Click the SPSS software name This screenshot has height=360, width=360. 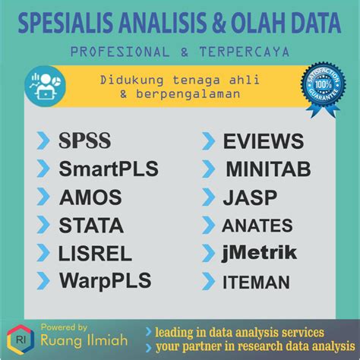[85, 141]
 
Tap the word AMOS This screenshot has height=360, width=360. [90, 197]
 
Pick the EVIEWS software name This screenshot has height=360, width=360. [263, 141]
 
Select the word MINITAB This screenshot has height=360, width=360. [267, 169]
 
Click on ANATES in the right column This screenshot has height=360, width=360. [257, 226]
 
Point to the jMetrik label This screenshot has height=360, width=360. [259, 253]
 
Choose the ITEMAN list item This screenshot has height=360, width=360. [256, 283]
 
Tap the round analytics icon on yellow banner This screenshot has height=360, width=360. [44, 86]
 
